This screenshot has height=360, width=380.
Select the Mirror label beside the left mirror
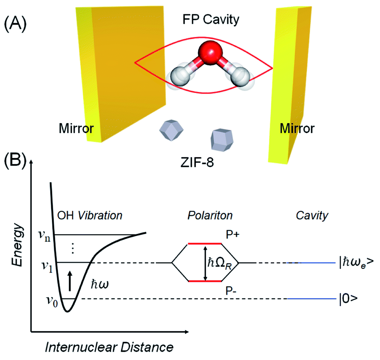pos(75,129)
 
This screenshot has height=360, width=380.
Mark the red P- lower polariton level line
pos(205,281)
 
